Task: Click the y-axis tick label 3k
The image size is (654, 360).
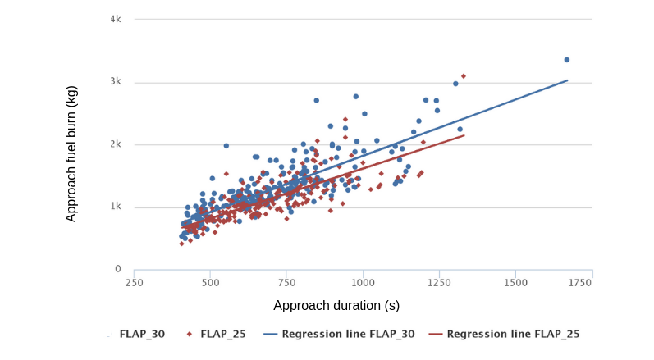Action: click(x=116, y=82)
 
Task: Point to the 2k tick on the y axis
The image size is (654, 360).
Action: click(x=116, y=144)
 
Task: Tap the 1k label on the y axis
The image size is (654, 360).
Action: click(x=116, y=207)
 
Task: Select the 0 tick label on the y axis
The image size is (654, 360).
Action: click(x=118, y=269)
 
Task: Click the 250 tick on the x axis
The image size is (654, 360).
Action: click(x=135, y=283)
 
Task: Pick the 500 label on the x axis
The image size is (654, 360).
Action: click(x=211, y=283)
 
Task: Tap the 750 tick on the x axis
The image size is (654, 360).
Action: click(x=287, y=283)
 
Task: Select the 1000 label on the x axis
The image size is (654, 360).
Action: click(x=364, y=283)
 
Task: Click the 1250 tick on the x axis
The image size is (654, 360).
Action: click(x=440, y=283)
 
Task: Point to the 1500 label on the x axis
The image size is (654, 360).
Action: click(x=516, y=283)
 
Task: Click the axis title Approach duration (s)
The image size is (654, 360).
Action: click(x=336, y=306)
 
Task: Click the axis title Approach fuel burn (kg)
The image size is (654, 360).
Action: click(x=71, y=144)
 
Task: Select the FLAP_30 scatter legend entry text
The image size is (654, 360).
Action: click(x=142, y=335)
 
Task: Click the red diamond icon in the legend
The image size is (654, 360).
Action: click(x=190, y=335)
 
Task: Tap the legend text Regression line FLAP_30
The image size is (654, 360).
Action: click(x=349, y=335)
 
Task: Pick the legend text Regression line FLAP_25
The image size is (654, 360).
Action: click(x=513, y=335)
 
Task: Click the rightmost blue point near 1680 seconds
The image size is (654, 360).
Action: click(x=566, y=60)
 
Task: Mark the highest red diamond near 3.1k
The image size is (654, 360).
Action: click(x=464, y=76)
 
